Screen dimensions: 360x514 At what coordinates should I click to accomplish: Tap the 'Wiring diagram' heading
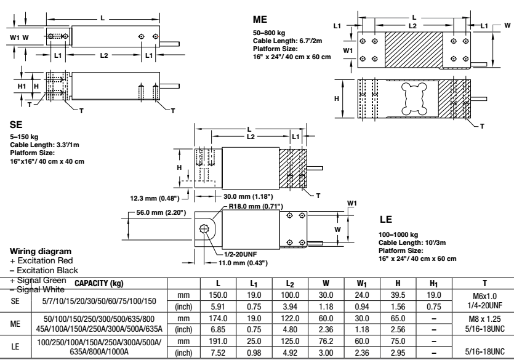tap(36, 252)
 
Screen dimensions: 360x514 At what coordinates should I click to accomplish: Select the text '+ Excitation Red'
tap(38, 262)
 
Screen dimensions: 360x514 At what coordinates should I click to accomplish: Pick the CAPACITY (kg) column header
tap(100, 284)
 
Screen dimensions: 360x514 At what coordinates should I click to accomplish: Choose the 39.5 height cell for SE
tap(397, 295)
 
